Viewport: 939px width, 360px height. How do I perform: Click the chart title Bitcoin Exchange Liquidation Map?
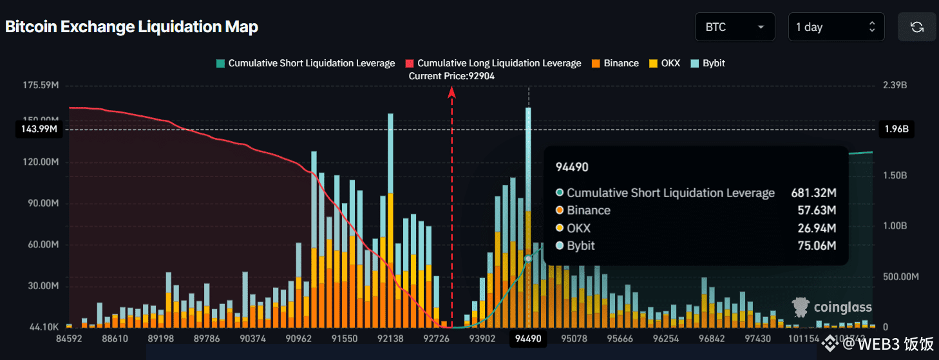pos(132,27)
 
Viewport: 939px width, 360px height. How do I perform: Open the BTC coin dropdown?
pos(734,27)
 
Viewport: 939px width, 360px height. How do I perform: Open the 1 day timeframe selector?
pos(835,27)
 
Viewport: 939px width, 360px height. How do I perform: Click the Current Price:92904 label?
pos(451,76)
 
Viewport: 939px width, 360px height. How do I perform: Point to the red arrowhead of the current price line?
pos(452,93)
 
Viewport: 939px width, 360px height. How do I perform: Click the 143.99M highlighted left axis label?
pos(35,129)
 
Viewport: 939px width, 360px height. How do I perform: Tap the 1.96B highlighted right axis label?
pos(896,129)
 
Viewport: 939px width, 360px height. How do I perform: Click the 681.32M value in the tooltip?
pos(813,193)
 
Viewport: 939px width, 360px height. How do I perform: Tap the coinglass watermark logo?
pos(832,307)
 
